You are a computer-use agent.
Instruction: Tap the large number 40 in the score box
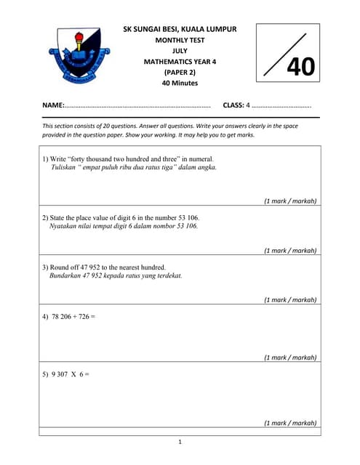(x=300, y=67)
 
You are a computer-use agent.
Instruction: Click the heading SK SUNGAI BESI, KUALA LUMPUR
(x=180, y=29)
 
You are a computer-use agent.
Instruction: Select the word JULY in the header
(x=180, y=51)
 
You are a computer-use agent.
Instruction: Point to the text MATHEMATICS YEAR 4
(x=180, y=62)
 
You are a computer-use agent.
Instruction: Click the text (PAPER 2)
(x=180, y=73)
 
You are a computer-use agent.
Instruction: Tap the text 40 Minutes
(x=180, y=83)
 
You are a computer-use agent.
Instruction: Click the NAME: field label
(x=53, y=105)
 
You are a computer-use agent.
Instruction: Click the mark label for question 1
(x=289, y=201)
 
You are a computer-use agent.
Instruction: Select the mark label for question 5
(x=289, y=423)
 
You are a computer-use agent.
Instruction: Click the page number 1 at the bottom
(x=180, y=442)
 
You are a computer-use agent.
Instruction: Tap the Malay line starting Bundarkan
(x=116, y=276)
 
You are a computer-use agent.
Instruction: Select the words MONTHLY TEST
(x=180, y=40)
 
